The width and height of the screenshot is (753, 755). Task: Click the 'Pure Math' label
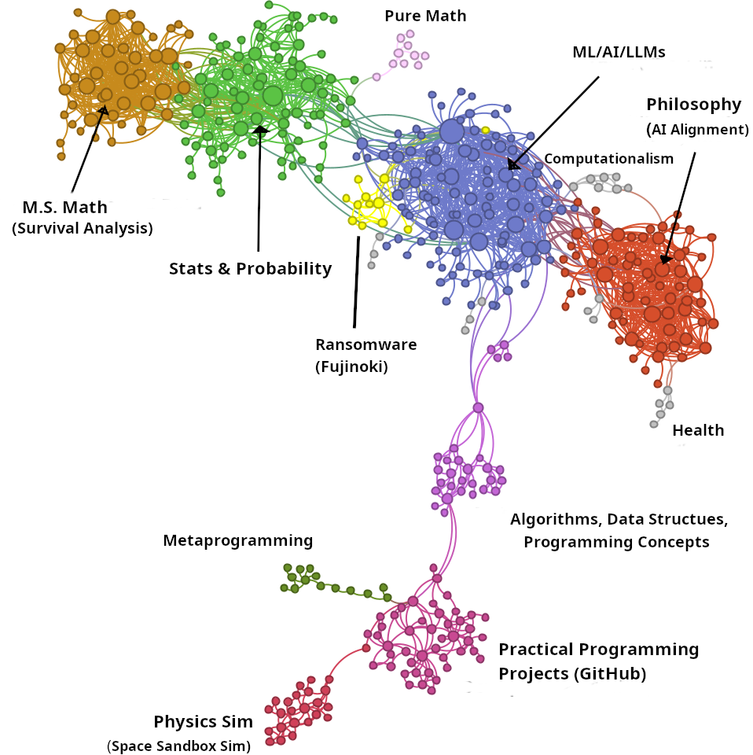pyautogui.click(x=424, y=16)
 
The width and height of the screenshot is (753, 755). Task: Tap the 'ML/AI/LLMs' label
pyautogui.click(x=619, y=53)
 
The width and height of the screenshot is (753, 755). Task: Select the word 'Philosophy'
pyautogui.click(x=693, y=105)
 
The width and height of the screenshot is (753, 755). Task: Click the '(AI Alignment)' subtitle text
pyautogui.click(x=697, y=129)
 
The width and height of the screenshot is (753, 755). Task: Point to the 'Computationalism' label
pyautogui.click(x=608, y=159)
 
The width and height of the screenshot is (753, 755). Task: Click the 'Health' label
pyautogui.click(x=697, y=430)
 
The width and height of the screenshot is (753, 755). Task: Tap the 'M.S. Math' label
pyautogui.click(x=64, y=208)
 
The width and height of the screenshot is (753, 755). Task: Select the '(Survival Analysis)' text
pyautogui.click(x=82, y=229)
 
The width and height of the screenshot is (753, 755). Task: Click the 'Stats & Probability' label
pyautogui.click(x=250, y=269)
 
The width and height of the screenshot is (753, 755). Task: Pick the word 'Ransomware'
pyautogui.click(x=365, y=344)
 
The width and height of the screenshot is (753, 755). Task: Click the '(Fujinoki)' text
pyautogui.click(x=351, y=366)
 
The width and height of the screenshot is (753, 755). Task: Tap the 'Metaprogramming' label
pyautogui.click(x=237, y=540)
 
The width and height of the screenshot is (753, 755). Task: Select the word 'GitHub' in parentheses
pyautogui.click(x=608, y=674)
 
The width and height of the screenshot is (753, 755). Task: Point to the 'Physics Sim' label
pyautogui.click(x=203, y=722)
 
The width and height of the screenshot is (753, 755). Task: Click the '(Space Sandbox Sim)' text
pyautogui.click(x=178, y=746)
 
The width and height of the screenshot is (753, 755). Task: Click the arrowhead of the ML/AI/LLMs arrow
pyautogui.click(x=512, y=165)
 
